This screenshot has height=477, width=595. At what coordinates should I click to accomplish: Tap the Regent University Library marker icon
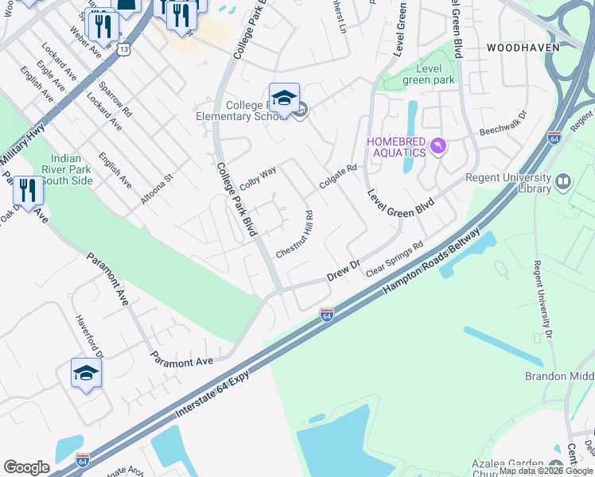[564, 182]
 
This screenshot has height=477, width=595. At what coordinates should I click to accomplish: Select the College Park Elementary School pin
[284, 99]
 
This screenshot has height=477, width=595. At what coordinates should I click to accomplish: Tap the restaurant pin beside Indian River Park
[28, 191]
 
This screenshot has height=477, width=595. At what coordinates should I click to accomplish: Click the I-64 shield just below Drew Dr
[326, 316]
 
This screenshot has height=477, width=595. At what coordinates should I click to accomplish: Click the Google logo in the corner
[26, 467]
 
